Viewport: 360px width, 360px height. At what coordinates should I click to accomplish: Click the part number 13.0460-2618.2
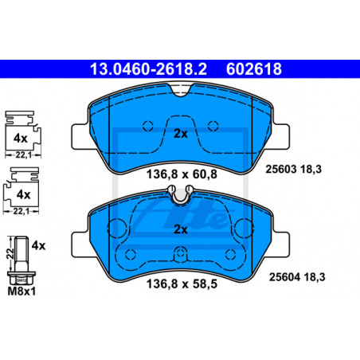[x=148, y=69]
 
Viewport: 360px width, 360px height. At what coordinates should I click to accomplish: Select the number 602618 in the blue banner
[x=254, y=69]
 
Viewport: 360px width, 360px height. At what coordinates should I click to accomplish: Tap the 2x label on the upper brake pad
[x=181, y=134]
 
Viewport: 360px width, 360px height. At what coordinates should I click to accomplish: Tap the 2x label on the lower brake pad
[x=181, y=229]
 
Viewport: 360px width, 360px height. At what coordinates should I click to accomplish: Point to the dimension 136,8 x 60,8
[x=182, y=174]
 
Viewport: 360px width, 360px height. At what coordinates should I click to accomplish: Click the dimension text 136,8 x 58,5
[x=182, y=284]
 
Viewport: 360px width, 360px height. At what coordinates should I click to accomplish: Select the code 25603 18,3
[x=293, y=169]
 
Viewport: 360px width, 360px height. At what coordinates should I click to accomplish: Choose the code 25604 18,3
[x=297, y=277]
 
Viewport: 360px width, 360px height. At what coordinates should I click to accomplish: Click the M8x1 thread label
[x=22, y=292]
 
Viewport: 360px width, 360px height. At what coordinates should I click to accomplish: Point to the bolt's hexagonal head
[x=22, y=278]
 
